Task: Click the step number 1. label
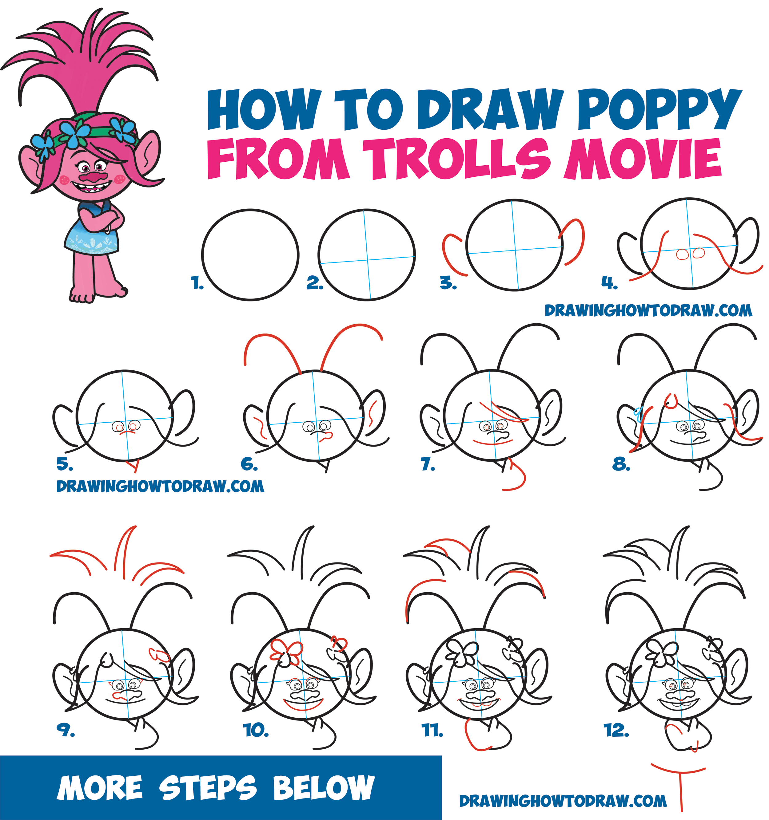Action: click(197, 283)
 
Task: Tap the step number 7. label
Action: click(428, 464)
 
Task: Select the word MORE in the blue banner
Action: click(100, 787)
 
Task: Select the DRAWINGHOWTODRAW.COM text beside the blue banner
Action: click(563, 801)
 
